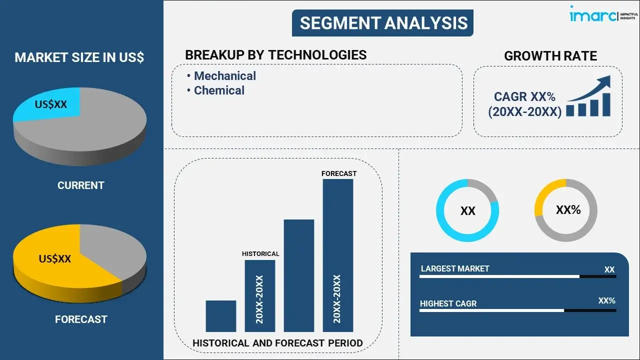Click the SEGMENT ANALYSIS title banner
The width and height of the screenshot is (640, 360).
point(383,23)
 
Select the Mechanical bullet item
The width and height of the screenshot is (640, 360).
point(224,76)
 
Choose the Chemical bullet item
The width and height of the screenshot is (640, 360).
point(219,90)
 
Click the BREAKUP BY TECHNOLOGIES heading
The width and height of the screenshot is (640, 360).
point(275,55)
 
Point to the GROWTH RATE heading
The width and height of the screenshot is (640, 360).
point(550,56)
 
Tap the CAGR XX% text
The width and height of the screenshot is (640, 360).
point(524,97)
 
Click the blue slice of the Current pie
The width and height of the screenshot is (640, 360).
point(50,104)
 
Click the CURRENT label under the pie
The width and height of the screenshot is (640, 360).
point(80,185)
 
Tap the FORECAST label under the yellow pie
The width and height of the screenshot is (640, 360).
point(81,319)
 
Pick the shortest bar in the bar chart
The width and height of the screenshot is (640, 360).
point(220,316)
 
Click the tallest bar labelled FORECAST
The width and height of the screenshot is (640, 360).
point(338,255)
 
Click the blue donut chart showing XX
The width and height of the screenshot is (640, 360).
point(467,210)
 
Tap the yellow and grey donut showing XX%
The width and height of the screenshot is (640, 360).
point(566,210)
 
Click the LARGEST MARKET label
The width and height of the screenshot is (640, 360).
point(455,269)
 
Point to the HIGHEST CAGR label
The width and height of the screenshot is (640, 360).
point(448,303)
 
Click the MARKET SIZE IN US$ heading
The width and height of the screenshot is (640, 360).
point(79,57)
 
